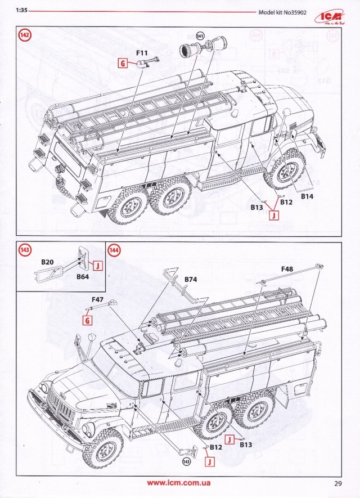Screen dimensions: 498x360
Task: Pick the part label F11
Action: coord(142,53)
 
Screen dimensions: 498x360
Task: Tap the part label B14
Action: coord(307,197)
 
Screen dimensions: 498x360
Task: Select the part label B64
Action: coord(83,276)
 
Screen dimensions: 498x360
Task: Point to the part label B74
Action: coord(191,279)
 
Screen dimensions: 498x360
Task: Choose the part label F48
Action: coord(287,270)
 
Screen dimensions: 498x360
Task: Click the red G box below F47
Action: coord(87,321)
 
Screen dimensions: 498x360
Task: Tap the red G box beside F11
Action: coord(122,64)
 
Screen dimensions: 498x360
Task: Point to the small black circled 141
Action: coord(199,36)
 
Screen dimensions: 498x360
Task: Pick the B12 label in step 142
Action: coord(286,202)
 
